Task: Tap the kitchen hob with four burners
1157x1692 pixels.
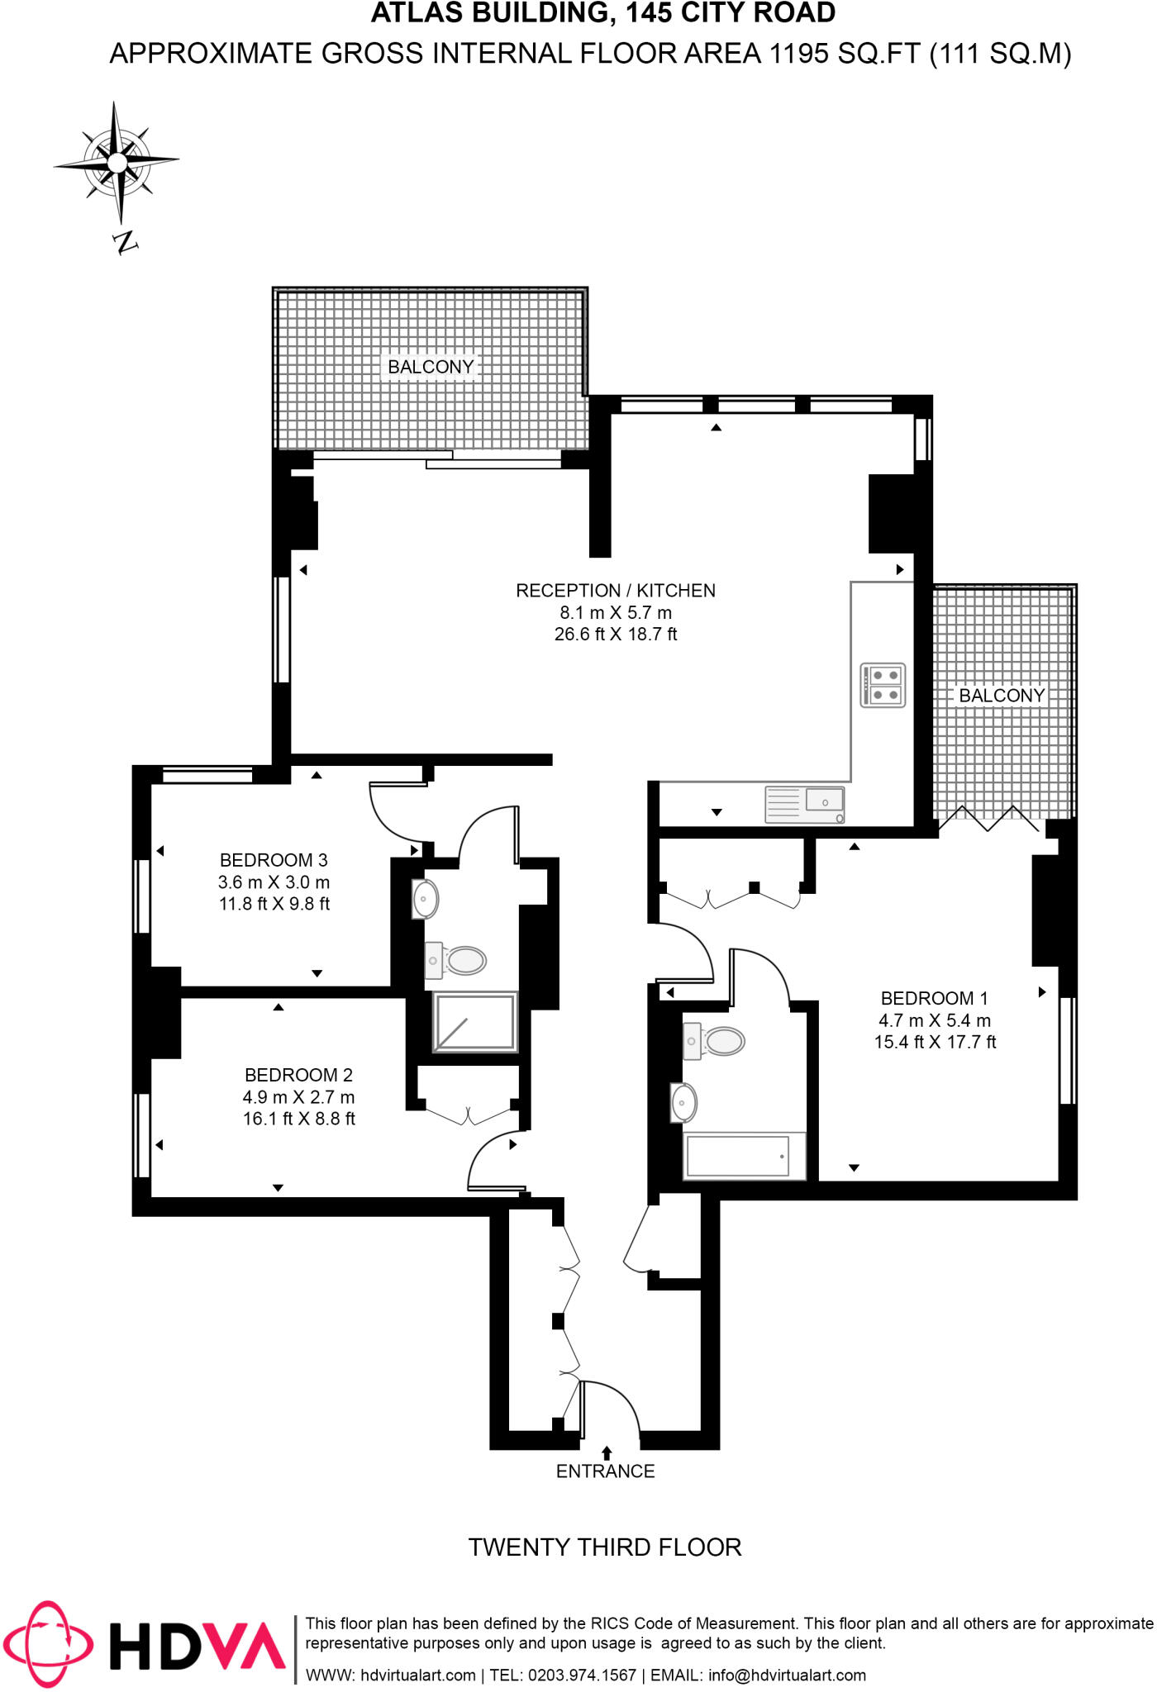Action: [883, 685]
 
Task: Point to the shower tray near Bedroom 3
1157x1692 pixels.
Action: [475, 1022]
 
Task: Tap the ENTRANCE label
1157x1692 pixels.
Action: [605, 1471]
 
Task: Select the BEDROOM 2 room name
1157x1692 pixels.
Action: [298, 1075]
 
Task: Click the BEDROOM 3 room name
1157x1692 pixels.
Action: [274, 860]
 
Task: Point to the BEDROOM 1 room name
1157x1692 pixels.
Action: [934, 998]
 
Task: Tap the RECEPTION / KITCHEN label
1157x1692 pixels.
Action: [616, 591]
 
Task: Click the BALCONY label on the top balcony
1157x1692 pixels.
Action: [431, 367]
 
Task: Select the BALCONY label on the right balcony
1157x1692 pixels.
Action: [1002, 696]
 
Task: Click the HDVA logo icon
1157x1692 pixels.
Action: [48, 1644]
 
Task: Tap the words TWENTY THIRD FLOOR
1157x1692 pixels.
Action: [605, 1547]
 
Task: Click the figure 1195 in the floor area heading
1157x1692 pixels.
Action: [798, 54]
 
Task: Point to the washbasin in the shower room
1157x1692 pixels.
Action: [426, 899]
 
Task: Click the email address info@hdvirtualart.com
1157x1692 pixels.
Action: [787, 1675]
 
